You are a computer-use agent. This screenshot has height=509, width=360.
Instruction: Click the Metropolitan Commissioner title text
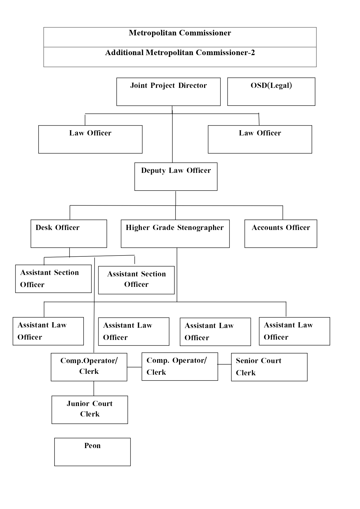tap(180, 33)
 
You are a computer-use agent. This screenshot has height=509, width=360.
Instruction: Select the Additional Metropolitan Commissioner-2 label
tap(180, 53)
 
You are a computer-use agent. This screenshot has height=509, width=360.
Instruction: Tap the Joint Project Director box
tap(168, 92)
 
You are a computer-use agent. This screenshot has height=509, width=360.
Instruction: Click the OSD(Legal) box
tap(271, 92)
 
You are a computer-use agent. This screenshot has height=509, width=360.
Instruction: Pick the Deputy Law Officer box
tap(176, 177)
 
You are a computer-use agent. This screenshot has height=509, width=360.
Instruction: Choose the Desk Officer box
tap(69, 234)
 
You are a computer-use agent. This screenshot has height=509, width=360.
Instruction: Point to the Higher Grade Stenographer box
tap(175, 234)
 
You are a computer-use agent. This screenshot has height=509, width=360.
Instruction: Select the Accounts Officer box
tap(281, 234)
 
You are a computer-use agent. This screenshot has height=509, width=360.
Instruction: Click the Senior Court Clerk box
tap(269, 367)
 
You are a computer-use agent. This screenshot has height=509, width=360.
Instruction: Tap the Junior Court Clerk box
tap(90, 410)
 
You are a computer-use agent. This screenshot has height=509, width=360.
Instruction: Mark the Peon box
tap(92, 452)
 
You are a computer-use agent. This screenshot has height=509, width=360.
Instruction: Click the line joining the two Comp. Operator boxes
tap(134, 367)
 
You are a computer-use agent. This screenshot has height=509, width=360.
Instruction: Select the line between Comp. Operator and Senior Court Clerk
tap(225, 364)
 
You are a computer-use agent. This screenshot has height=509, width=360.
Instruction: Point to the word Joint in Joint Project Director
tap(138, 86)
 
